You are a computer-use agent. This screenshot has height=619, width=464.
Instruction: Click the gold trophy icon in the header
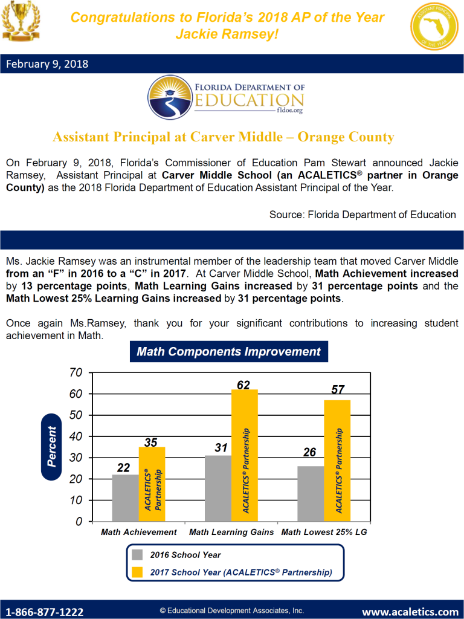pos(19,20)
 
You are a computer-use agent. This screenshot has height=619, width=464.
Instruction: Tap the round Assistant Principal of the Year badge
pos(434,25)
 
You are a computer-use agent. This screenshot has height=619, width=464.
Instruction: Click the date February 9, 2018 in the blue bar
pos(47,63)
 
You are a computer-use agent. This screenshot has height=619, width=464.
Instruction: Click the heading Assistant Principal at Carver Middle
pos(224,137)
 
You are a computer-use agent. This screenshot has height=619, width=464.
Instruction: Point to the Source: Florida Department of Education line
pos(362,215)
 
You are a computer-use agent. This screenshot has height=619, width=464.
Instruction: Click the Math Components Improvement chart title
pos(228,352)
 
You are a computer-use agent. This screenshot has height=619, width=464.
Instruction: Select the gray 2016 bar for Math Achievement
pos(125,497)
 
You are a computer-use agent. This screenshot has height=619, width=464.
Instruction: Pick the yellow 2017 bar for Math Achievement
pos(152,484)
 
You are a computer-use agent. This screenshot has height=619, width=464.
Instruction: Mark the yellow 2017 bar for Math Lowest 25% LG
pos(337,460)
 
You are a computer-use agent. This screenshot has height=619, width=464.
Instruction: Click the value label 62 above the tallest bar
pos(243,383)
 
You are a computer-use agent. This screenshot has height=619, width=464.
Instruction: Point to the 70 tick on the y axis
pos(75,373)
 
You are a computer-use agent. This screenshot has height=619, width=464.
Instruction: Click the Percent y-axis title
pos(51,446)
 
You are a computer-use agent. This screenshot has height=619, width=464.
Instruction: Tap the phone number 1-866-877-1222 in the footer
pos(45,612)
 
